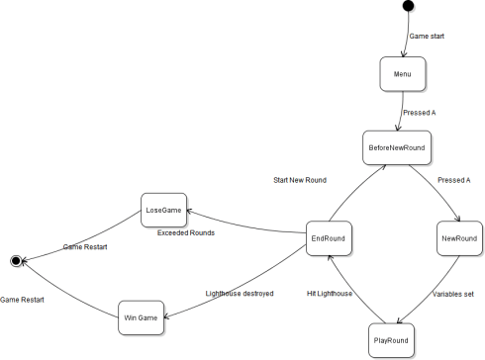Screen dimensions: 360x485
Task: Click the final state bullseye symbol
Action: coord(16,260)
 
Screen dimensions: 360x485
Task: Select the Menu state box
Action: coord(402,73)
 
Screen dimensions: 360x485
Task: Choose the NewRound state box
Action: coord(458,239)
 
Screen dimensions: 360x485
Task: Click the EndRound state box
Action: coord(327,238)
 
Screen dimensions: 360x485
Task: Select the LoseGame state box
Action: coord(164,210)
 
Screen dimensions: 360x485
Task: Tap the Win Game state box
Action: coord(140,317)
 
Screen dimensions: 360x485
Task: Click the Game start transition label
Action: coord(427,36)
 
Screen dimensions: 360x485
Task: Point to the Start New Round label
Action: coord(302,180)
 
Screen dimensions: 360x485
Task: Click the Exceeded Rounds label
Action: coord(186,233)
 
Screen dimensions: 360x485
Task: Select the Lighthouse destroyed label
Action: coord(239,294)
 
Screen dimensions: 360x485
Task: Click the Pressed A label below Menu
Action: coord(420,113)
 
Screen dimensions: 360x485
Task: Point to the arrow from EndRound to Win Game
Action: coord(247,282)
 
